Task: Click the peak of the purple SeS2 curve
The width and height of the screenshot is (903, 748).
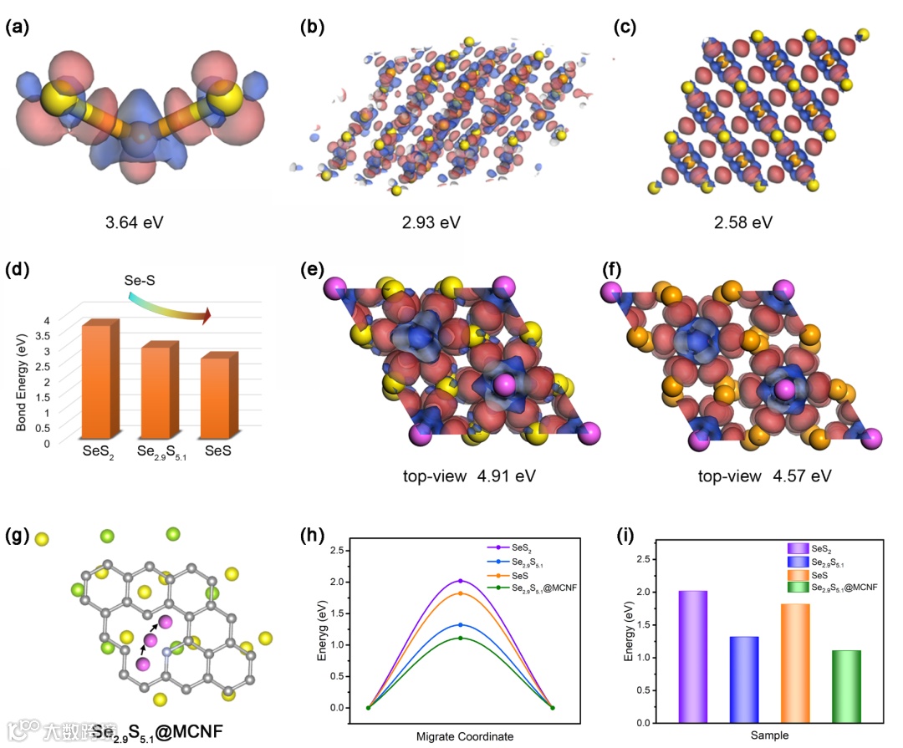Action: pyautogui.click(x=460, y=581)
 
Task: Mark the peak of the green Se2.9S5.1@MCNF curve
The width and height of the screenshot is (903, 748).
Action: pyautogui.click(x=460, y=639)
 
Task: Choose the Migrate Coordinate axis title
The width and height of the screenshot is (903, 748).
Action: pyautogui.click(x=465, y=735)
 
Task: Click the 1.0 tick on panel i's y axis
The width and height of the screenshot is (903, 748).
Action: pyautogui.click(x=649, y=657)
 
